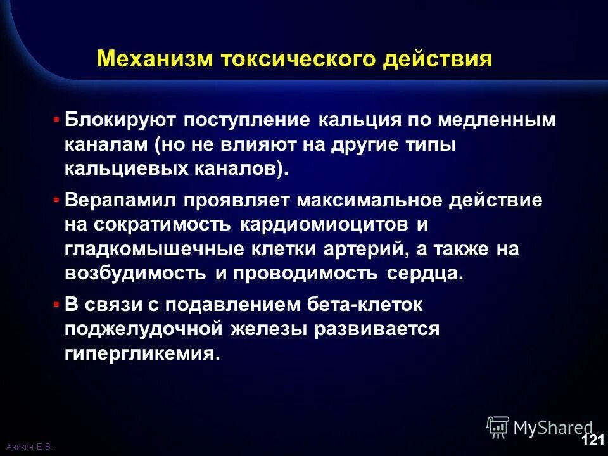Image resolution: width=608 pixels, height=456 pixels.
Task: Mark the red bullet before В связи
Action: [58, 305]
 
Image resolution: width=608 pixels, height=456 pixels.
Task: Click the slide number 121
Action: [592, 441]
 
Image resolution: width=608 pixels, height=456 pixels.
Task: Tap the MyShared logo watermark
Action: [539, 427]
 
